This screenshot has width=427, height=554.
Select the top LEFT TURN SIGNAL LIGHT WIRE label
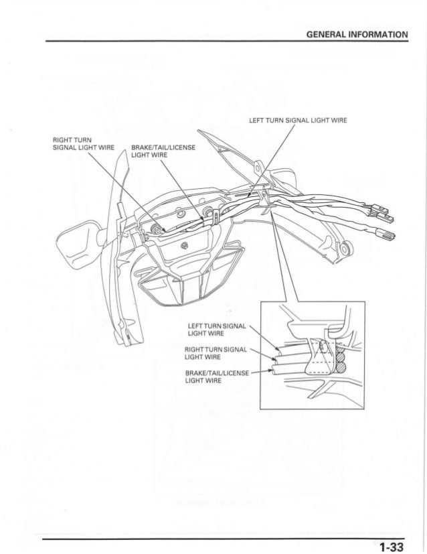[x=296, y=121]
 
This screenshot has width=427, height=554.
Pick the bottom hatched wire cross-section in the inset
[x=341, y=366]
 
